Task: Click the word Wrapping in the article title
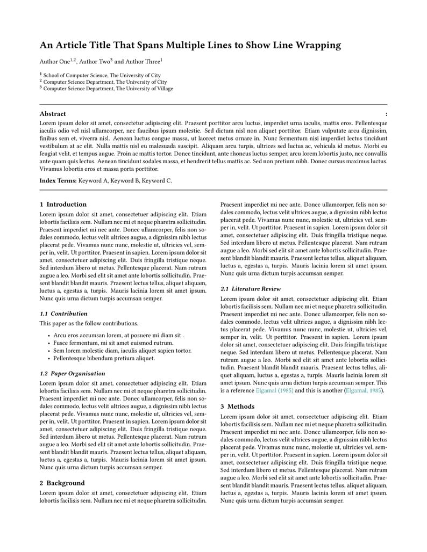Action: pyautogui.click(x=318, y=45)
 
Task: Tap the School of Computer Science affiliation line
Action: pyautogui.click(x=102, y=76)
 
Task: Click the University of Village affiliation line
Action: pyautogui.click(x=108, y=89)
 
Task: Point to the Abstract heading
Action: pyautogui.click(x=53, y=114)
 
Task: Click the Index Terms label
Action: pyautogui.click(x=58, y=181)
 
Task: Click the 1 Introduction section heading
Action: pyautogui.click(x=63, y=205)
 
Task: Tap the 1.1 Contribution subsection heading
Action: pyautogui.click(x=63, y=314)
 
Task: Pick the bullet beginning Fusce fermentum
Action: pyautogui.click(x=113, y=343)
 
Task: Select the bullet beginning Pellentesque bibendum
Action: pyautogui.click(x=104, y=358)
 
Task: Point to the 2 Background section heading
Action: pyautogui.click(x=62, y=483)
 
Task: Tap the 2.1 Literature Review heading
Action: pyautogui.click(x=251, y=289)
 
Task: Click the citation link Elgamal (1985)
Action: pyautogui.click(x=274, y=390)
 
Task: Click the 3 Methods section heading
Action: pyautogui.click(x=237, y=406)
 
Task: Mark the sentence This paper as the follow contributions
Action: pyautogui.click(x=89, y=323)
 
